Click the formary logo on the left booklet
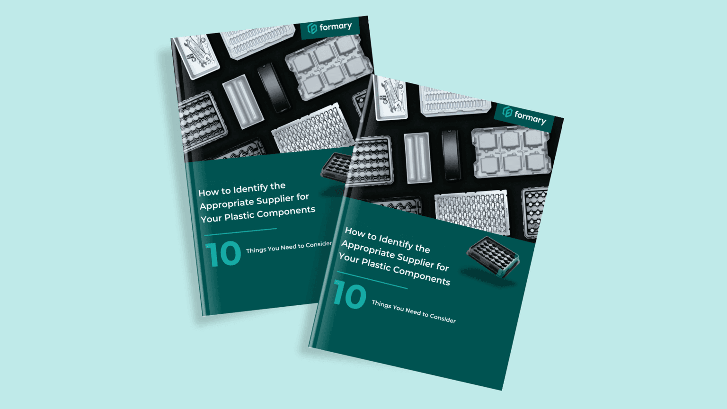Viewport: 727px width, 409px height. click(x=330, y=27)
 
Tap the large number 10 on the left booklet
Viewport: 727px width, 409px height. click(x=223, y=254)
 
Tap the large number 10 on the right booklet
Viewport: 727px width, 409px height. click(x=350, y=295)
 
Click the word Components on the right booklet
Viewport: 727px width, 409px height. click(x=422, y=275)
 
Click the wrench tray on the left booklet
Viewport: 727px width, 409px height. click(x=195, y=55)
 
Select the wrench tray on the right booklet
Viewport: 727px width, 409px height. click(x=390, y=98)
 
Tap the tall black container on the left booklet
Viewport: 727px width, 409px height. click(x=274, y=88)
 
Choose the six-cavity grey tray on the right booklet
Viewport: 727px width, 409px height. click(x=511, y=152)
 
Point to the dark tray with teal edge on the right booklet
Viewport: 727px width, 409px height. click(x=493, y=257)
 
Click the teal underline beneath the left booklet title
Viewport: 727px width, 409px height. click(x=240, y=231)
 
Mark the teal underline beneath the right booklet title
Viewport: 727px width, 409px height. click(x=372, y=279)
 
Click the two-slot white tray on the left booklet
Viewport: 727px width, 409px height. click(x=243, y=101)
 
